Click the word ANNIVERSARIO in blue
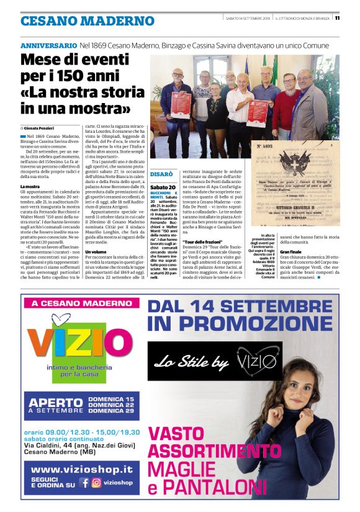point(49,46)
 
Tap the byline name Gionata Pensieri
point(44,127)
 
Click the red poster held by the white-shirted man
point(256,112)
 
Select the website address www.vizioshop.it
point(82,469)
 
